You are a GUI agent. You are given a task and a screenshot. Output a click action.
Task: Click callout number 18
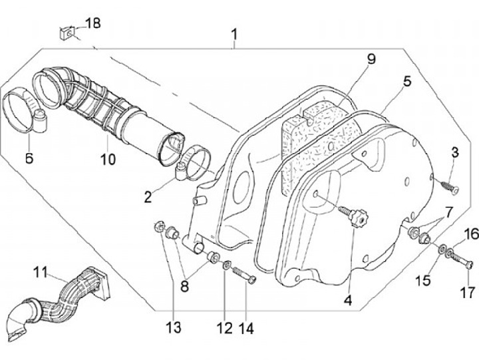(x=92, y=23)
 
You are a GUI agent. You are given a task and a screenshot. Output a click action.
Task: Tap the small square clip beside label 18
(x=65, y=31)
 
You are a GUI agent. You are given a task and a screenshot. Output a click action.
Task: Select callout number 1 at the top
(x=234, y=33)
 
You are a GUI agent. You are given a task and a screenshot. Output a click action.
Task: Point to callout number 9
(x=371, y=59)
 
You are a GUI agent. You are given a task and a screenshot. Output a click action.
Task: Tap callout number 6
(x=29, y=158)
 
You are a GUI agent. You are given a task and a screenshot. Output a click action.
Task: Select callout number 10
(x=108, y=160)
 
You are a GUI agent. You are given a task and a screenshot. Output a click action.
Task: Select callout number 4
(x=348, y=299)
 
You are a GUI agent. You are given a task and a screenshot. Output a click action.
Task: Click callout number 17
(x=465, y=291)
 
